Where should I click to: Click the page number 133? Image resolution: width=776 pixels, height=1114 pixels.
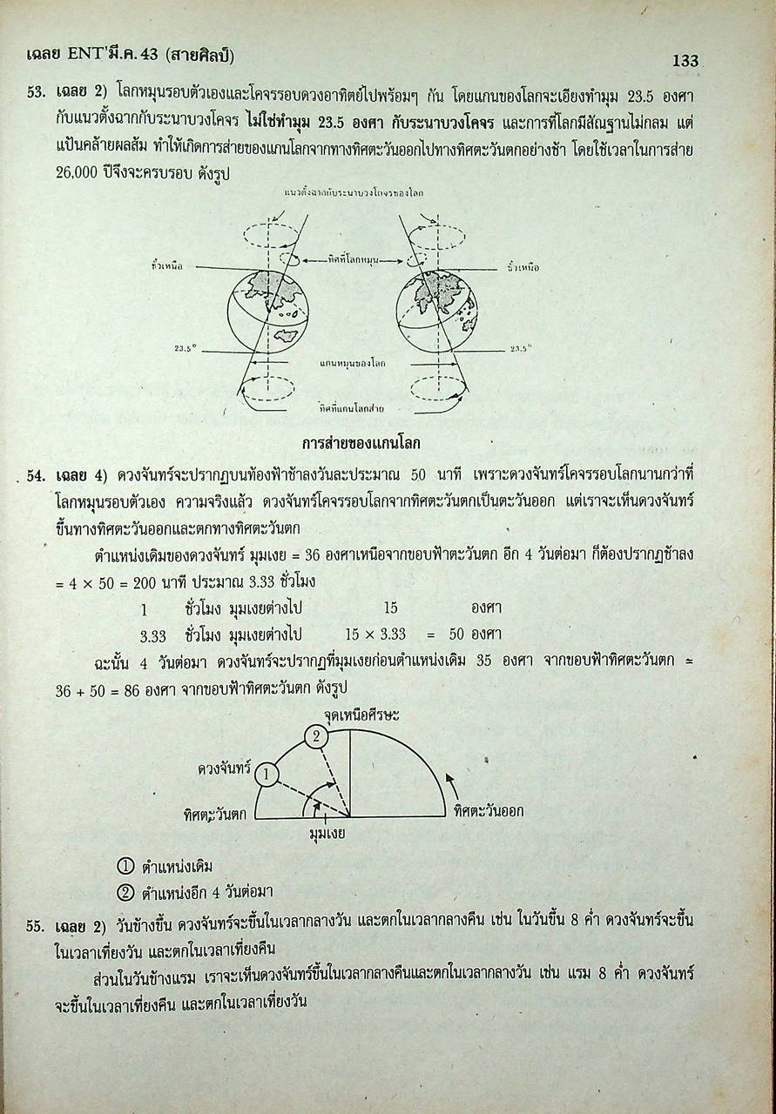(685, 60)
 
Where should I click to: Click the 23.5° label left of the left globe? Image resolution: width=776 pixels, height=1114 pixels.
(185, 347)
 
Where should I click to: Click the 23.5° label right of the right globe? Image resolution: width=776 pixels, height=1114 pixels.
(521, 347)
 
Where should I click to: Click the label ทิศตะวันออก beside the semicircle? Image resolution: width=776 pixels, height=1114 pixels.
(489, 811)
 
